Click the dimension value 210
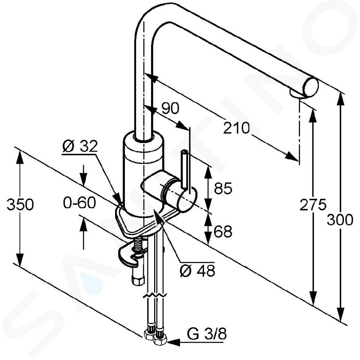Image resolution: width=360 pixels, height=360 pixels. click(236, 128)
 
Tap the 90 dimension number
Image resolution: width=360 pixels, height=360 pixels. click(170, 108)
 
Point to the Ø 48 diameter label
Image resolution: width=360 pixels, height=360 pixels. click(198, 270)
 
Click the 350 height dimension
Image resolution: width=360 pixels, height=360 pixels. click(20, 204)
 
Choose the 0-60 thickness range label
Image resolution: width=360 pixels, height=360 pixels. click(79, 203)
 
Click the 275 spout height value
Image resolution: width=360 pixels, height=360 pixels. click(313, 205)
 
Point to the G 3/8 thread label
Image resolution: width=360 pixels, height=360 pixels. click(207, 334)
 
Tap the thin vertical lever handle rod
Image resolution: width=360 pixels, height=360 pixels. click(184, 169)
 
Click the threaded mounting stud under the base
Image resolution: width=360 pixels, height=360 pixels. click(137, 246)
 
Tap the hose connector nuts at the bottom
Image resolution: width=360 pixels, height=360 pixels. click(155, 337)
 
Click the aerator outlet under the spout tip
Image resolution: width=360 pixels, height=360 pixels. click(296, 94)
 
